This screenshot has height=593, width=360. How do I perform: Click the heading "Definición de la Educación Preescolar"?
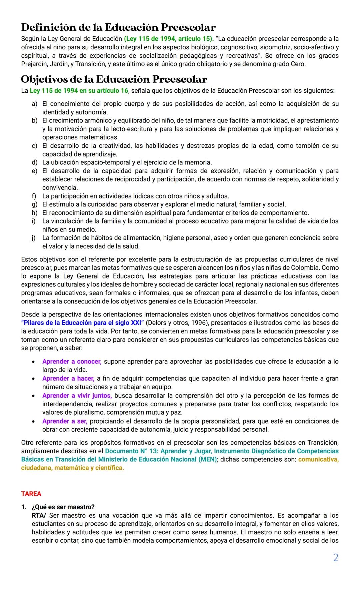click(118, 27)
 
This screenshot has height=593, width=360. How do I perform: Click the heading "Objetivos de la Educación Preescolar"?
click(114, 79)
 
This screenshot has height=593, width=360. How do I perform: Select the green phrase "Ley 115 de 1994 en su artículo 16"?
click(79, 91)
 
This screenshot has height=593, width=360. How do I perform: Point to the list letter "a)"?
click(34, 104)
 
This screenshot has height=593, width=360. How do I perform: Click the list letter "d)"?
click(34, 162)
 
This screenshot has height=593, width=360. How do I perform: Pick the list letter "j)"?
click(34, 238)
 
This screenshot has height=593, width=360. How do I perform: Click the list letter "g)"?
click(34, 204)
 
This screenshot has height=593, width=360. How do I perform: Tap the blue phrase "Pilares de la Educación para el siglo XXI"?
click(82, 323)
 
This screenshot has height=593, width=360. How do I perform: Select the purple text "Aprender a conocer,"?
click(72, 362)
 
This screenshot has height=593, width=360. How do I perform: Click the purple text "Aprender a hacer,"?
click(68, 379)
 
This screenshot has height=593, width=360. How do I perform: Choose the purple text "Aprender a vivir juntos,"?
click(77, 396)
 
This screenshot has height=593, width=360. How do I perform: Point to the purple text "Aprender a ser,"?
click(65, 421)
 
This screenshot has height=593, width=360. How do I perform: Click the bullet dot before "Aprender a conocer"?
click(33, 362)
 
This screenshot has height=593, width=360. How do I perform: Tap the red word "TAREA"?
click(31, 494)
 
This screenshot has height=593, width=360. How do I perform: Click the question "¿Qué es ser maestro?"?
click(63, 507)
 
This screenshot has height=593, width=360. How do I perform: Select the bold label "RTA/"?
click(39, 516)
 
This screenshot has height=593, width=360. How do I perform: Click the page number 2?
click(336, 558)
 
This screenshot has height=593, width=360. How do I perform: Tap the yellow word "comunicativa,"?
click(318, 460)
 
